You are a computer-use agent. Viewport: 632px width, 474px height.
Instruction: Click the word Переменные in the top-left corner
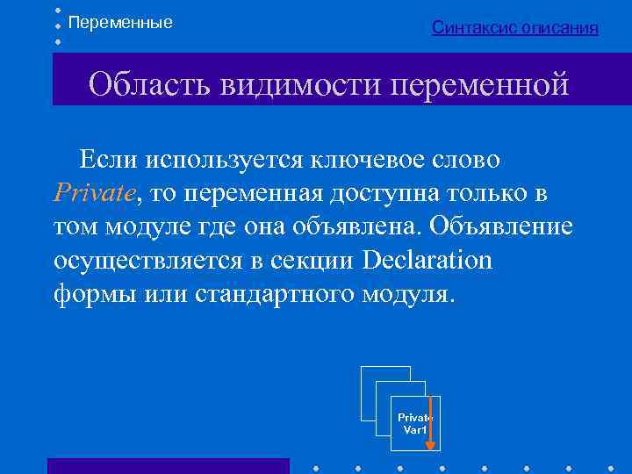click(120, 22)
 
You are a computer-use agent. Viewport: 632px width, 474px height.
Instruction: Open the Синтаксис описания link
click(515, 28)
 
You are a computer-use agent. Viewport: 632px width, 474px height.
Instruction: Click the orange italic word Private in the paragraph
click(94, 193)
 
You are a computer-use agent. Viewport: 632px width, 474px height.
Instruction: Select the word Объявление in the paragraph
click(502, 226)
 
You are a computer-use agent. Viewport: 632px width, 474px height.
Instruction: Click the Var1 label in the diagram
click(413, 430)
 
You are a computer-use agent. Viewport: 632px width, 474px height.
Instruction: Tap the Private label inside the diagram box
click(413, 418)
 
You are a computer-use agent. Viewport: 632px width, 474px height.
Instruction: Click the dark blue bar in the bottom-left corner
click(168, 465)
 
